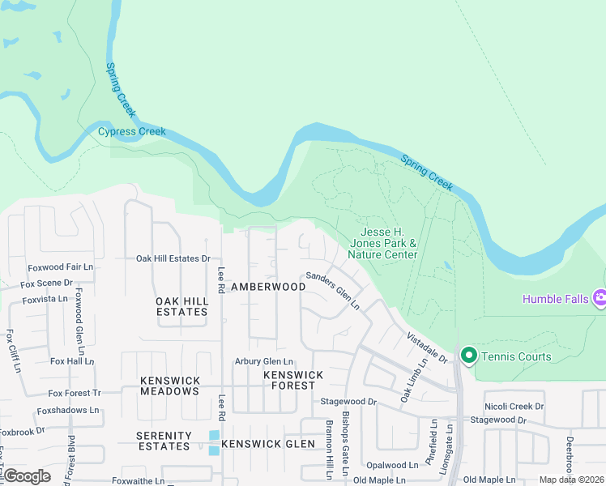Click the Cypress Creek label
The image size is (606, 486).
(132, 132)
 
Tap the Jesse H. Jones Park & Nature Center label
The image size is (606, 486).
(383, 243)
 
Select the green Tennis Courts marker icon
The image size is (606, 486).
(468, 355)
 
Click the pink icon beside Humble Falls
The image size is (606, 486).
(600, 298)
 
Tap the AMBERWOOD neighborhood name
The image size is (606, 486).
(268, 287)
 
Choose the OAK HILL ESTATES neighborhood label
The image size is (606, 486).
(181, 306)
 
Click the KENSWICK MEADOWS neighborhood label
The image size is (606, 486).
(169, 386)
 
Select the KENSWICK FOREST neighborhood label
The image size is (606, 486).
(293, 380)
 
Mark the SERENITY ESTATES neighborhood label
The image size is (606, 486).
(164, 441)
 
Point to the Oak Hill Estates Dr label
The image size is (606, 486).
(173, 259)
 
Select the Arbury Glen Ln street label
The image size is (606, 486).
(263, 362)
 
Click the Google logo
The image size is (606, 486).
(26, 475)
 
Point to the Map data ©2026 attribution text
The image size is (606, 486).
(570, 480)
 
